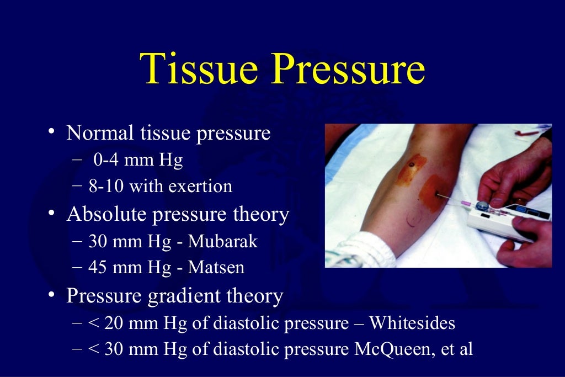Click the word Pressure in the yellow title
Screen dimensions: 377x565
point(349,70)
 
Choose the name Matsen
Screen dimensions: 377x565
point(216,268)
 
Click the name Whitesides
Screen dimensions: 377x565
point(412,323)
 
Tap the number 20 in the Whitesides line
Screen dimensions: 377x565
point(114,323)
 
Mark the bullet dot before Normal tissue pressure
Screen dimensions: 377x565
point(51,132)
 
